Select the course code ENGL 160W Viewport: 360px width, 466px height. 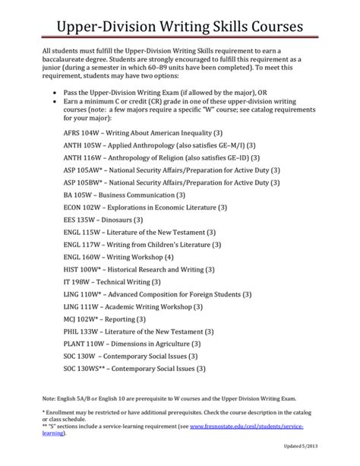(x=84, y=287)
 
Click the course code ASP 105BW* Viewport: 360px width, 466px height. (x=85, y=204)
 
